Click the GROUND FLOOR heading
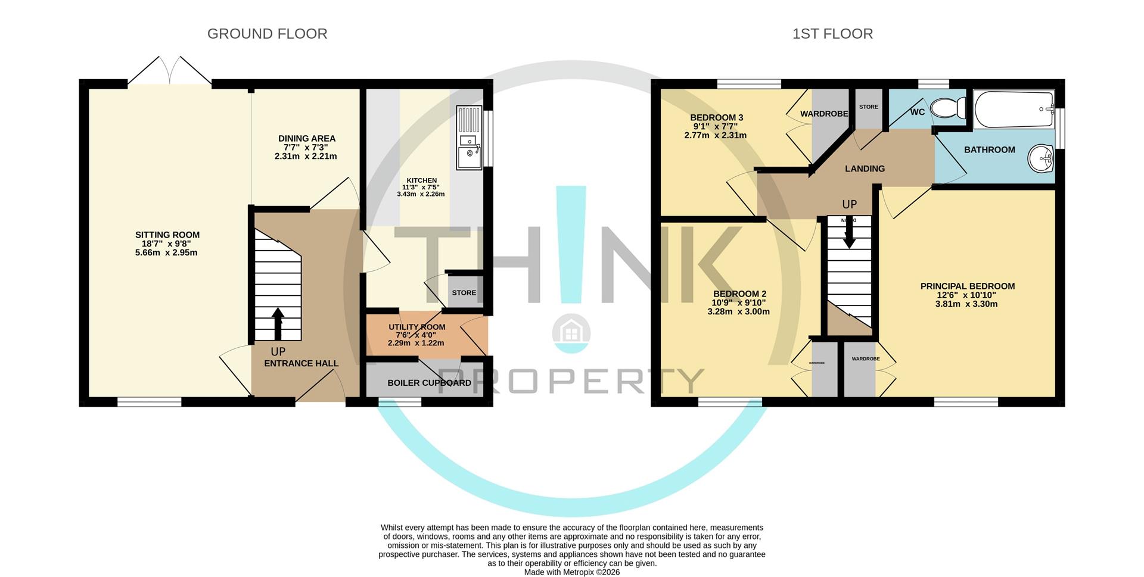pos(267,34)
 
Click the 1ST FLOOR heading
pos(832,34)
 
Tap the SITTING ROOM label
pos(167,235)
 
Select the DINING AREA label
pos(307,139)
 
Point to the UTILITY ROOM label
pos(416,327)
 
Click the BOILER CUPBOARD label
pos(429,383)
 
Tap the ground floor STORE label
pos(464,293)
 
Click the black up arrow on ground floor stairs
pos(278,323)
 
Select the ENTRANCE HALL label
pos(301,363)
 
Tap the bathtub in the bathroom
pos(1014,110)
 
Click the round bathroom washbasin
pos(1040,158)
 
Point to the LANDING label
pos(865,169)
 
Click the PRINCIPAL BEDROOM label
pos(967,286)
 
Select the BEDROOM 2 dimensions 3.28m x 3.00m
pos(738,311)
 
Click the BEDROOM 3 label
pos(716,118)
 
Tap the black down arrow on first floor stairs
pos(849,234)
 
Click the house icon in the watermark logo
pos(571,331)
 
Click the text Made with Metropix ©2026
pos(571,572)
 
